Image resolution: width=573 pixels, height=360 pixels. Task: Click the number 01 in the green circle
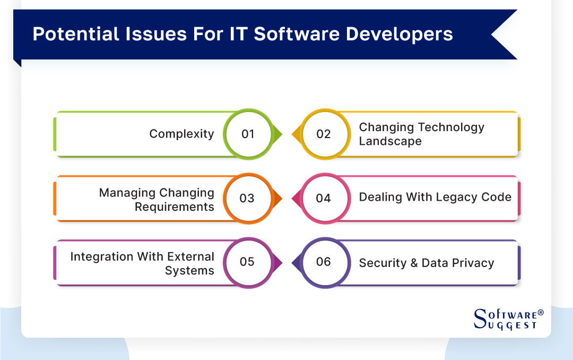point(248,134)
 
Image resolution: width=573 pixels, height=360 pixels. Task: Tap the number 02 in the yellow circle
point(323,134)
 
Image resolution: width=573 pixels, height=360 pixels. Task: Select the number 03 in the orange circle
point(247,198)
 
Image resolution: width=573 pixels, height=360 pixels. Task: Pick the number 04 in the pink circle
point(323,198)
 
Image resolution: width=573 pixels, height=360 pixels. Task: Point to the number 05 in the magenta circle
point(247,262)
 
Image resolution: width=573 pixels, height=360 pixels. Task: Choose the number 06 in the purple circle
point(323,262)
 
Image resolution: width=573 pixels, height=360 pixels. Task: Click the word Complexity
point(181,134)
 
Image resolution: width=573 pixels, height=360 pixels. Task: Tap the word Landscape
point(390,141)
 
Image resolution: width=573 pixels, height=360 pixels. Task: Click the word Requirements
point(174,207)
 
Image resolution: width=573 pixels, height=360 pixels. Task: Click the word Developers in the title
point(400,34)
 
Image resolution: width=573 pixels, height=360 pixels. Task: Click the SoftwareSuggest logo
point(507,319)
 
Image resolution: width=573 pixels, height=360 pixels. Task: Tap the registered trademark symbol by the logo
point(541,312)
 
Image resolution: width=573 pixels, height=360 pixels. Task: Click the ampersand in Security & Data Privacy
point(412,263)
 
